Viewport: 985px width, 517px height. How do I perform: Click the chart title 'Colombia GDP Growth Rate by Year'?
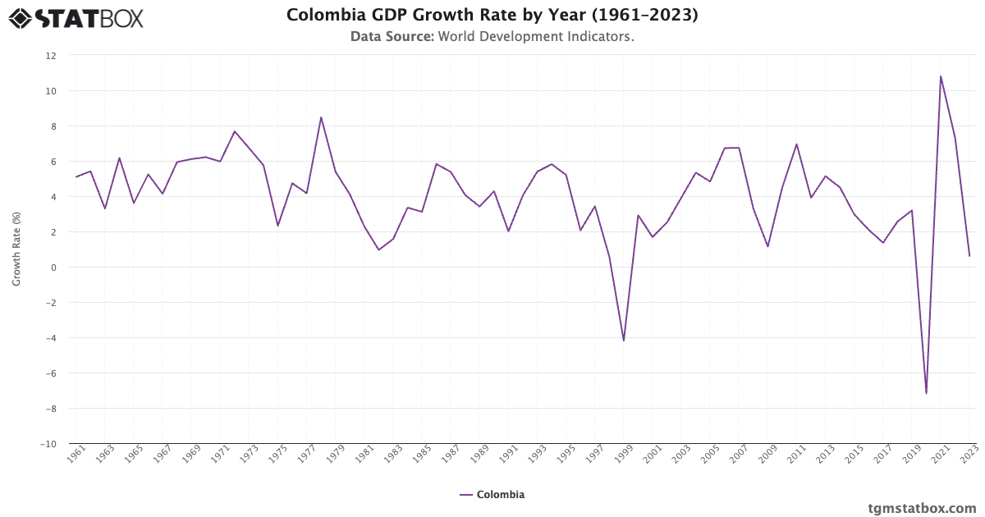click(492, 16)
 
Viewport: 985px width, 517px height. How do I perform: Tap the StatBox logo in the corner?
click(76, 18)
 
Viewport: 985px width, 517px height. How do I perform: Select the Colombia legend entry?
click(492, 495)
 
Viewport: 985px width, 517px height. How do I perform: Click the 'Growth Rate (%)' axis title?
click(17, 249)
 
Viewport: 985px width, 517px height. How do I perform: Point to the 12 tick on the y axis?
click(51, 56)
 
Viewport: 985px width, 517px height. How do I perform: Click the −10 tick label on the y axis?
click(48, 444)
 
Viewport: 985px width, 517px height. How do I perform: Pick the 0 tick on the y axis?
click(53, 268)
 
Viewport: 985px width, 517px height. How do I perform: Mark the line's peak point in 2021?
click(941, 76)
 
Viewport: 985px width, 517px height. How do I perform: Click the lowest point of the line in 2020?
click(926, 393)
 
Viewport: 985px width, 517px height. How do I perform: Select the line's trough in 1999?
click(624, 341)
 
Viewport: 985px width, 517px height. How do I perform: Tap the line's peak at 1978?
click(321, 117)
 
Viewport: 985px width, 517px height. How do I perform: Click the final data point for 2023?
click(969, 256)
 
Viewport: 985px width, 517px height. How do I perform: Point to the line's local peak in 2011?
click(796, 144)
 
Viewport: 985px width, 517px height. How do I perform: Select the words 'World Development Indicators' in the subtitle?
click(536, 37)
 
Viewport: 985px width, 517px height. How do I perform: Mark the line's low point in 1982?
click(378, 249)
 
